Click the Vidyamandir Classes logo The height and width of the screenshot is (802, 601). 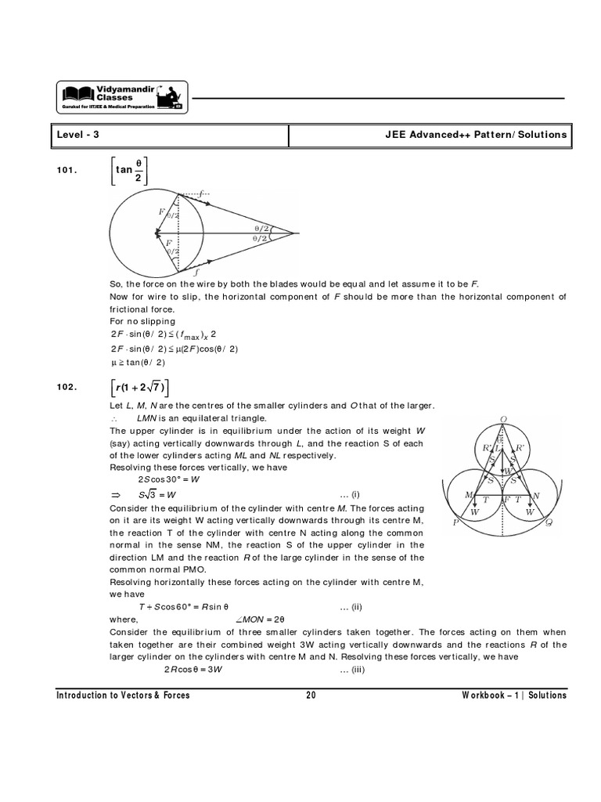pos(121,96)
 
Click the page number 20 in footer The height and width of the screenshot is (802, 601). pos(311,695)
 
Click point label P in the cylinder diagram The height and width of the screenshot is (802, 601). pos(455,523)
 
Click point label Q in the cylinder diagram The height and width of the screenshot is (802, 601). pos(549,523)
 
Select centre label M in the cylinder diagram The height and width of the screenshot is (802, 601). pos(469,496)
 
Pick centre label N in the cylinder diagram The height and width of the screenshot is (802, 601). pos(536,496)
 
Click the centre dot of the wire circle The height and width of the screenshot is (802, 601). pos(157,233)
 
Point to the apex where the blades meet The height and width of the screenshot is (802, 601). pos(294,233)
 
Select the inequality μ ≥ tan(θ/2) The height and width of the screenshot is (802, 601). pos(140,362)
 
